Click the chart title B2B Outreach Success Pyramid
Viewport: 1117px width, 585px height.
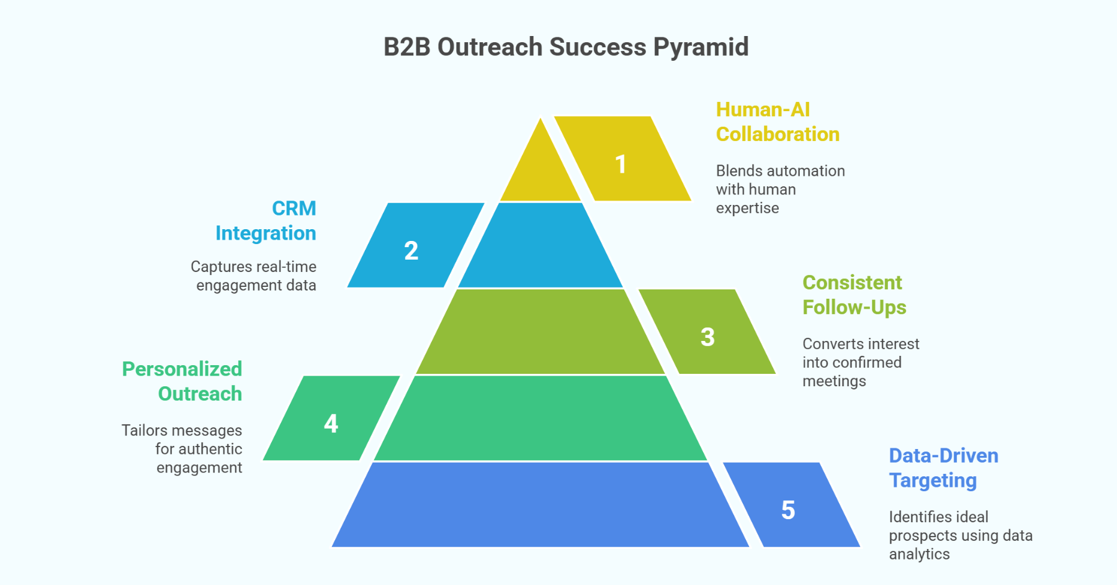coord(566,47)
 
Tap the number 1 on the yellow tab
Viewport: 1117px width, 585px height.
coord(621,165)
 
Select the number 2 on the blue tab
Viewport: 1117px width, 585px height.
coord(411,251)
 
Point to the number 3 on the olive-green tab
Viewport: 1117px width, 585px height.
coord(707,337)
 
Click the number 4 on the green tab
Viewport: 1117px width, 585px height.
coord(331,424)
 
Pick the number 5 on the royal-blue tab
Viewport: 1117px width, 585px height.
coord(788,510)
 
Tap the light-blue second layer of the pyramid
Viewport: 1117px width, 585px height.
coord(540,248)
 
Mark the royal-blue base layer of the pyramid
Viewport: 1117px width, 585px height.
coord(540,506)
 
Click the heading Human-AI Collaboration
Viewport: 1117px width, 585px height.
coord(777,122)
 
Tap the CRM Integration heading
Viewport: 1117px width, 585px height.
coord(266,220)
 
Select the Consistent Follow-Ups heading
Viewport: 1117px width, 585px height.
coord(854,295)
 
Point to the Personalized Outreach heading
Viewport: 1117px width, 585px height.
coord(182,381)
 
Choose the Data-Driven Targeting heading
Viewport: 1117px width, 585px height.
coord(943,468)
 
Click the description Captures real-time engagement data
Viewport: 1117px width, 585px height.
coord(254,276)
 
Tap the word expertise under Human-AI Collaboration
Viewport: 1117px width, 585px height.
coord(747,208)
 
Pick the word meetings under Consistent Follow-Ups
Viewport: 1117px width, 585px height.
coord(834,381)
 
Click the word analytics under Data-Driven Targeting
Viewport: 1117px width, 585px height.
coord(919,554)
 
